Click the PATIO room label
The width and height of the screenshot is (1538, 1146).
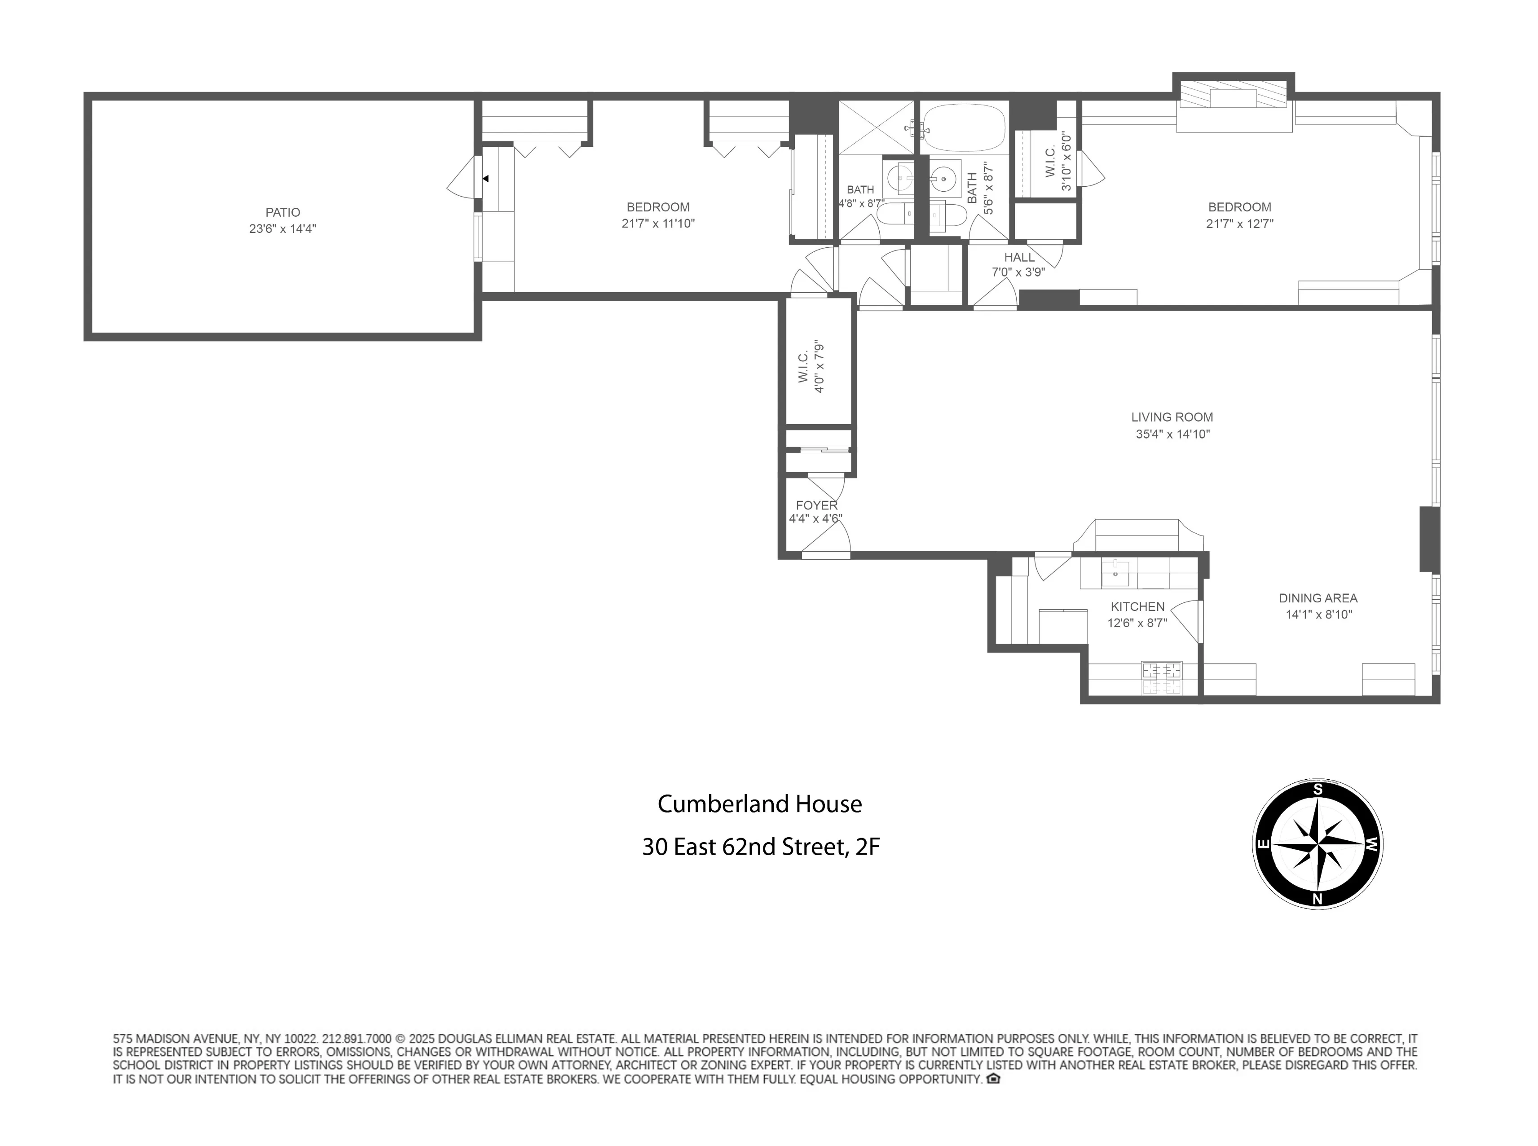(282, 212)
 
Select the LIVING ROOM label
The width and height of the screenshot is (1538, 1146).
(1172, 417)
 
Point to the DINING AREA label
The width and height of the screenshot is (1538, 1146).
(1318, 598)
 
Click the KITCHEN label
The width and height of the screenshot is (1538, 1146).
(1137, 606)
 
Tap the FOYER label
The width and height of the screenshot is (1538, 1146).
(816, 505)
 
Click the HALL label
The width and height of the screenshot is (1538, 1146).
(1019, 257)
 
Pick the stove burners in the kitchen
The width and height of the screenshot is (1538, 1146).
(1162, 678)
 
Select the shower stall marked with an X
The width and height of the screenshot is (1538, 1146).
(877, 127)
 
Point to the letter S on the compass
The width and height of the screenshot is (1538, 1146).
(1318, 790)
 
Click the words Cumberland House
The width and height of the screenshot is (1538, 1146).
(759, 804)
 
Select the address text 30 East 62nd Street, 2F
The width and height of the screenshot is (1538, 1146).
(761, 847)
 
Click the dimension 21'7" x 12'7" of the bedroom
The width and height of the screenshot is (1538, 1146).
(1239, 224)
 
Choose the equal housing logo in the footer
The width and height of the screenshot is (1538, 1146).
(993, 1079)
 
